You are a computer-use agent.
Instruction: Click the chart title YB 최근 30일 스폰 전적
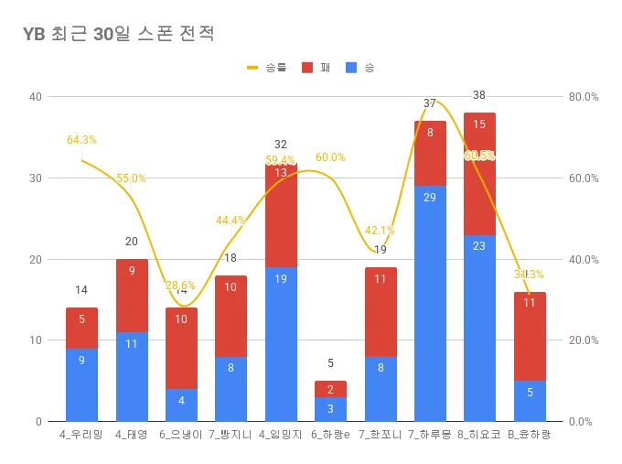click(119, 35)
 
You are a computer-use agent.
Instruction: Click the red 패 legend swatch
click(307, 68)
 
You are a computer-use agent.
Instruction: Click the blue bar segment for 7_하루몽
click(430, 303)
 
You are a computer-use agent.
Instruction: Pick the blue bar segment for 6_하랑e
click(330, 409)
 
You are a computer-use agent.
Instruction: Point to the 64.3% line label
click(81, 140)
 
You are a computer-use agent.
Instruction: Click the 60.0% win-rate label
click(330, 157)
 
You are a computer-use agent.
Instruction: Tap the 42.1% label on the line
click(380, 231)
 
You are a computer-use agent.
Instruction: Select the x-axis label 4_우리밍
click(81, 434)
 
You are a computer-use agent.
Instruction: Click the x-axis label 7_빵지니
click(231, 434)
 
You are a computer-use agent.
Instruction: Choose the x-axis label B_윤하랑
click(530, 434)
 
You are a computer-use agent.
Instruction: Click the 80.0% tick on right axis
click(583, 97)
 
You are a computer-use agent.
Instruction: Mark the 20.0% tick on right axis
click(583, 340)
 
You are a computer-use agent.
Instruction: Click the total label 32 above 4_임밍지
click(280, 145)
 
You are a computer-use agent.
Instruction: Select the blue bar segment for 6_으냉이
click(181, 405)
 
